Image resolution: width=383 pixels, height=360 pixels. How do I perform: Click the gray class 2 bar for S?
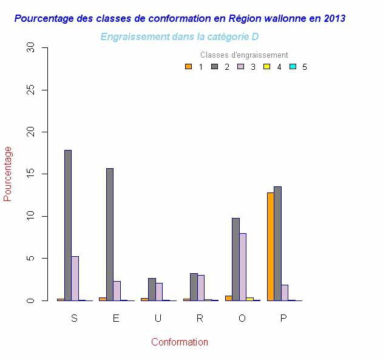point(68,225)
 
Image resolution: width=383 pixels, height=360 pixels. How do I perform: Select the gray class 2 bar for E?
point(110,234)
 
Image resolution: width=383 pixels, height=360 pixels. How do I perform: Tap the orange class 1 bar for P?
point(270,246)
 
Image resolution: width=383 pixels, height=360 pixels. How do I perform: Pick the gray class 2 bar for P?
point(277,243)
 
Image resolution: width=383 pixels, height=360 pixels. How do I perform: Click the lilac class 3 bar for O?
point(242,267)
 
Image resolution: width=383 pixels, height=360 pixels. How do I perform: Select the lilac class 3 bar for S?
point(75,279)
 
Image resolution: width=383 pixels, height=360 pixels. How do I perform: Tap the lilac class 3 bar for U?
point(159,292)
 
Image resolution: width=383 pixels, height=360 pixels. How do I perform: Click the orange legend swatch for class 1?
point(188,67)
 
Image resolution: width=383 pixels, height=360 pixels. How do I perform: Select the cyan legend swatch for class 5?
point(293,67)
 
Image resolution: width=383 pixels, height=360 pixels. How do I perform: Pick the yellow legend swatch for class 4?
point(266,67)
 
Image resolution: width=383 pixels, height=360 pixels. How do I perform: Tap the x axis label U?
point(158,319)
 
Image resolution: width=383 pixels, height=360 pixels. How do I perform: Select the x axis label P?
point(283,319)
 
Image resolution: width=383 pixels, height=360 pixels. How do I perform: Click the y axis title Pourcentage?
point(8,174)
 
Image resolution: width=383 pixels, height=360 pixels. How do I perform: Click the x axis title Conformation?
point(180,342)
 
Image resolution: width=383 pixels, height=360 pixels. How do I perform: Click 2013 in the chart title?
point(334,19)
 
